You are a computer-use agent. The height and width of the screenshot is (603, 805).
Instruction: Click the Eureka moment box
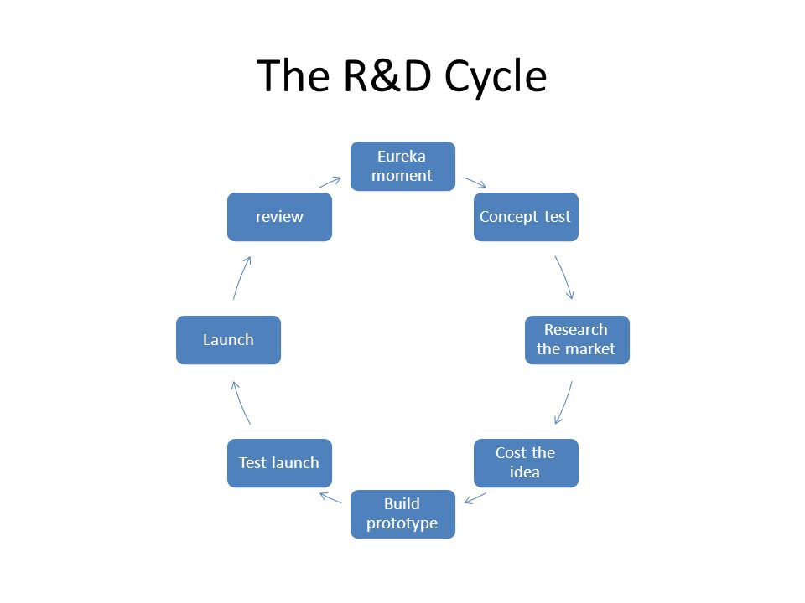(402, 166)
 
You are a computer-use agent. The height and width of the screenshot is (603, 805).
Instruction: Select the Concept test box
(526, 217)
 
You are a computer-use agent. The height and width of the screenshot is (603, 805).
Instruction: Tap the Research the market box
(577, 340)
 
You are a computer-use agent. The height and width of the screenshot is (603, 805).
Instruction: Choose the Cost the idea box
(526, 463)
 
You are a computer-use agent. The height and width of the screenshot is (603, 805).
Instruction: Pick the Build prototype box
(402, 514)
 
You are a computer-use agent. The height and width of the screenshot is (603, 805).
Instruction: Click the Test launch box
(279, 463)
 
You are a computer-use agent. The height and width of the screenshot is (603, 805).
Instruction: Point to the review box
(279, 217)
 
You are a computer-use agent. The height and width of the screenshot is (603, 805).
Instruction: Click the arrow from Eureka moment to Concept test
(475, 183)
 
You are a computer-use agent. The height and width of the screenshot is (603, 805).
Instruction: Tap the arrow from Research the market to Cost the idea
(564, 403)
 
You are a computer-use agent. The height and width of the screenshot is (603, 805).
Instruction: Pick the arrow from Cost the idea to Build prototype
(475, 497)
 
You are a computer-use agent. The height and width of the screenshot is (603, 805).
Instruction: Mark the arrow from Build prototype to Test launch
(330, 497)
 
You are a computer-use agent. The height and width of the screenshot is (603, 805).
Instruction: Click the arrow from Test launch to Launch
(241, 403)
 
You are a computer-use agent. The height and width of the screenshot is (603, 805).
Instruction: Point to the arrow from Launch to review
(241, 277)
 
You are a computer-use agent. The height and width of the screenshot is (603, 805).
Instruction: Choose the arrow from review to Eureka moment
(330, 182)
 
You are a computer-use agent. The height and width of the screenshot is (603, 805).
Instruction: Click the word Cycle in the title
(496, 76)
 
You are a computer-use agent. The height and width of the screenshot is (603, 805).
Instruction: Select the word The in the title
(293, 75)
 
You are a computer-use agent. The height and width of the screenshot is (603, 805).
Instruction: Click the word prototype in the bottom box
(402, 523)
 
